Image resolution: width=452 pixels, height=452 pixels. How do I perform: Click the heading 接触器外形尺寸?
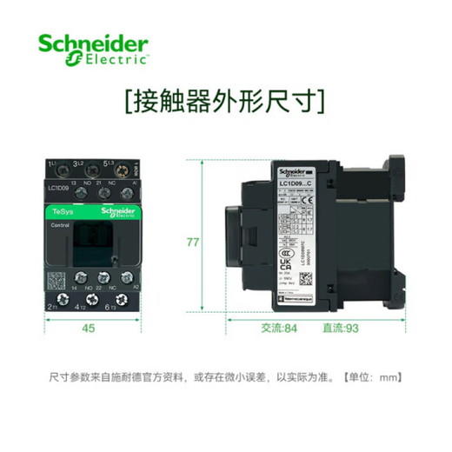(225, 101)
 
